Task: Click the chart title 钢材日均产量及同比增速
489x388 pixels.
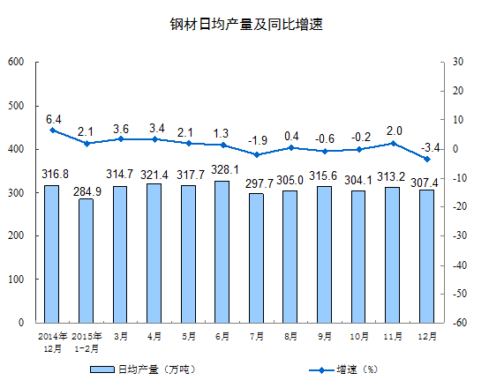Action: (x=246, y=25)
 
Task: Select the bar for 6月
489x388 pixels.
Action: (x=222, y=252)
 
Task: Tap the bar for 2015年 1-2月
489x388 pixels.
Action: (x=87, y=261)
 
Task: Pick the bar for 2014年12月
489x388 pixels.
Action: (x=52, y=254)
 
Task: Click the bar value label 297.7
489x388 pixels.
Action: (x=260, y=183)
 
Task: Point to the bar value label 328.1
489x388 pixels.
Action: (x=225, y=170)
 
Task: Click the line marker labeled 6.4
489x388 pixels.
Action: (x=52, y=131)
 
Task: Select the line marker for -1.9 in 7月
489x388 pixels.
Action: (x=257, y=154)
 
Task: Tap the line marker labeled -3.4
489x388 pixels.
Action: (x=427, y=159)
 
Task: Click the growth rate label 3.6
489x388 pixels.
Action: (x=121, y=129)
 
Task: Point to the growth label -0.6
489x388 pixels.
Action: (x=325, y=138)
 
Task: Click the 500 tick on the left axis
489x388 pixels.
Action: (x=16, y=106)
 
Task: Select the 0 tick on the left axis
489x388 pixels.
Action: (x=21, y=322)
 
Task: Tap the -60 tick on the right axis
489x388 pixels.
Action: (x=460, y=322)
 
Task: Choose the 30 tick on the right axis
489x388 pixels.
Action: (x=458, y=62)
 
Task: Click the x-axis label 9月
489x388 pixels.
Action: (x=325, y=336)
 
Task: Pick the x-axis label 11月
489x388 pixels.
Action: (x=393, y=336)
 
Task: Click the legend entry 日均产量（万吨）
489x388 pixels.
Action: (x=143, y=369)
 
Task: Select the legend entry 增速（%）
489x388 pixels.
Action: (x=343, y=369)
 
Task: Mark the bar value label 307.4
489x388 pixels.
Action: (x=425, y=183)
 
